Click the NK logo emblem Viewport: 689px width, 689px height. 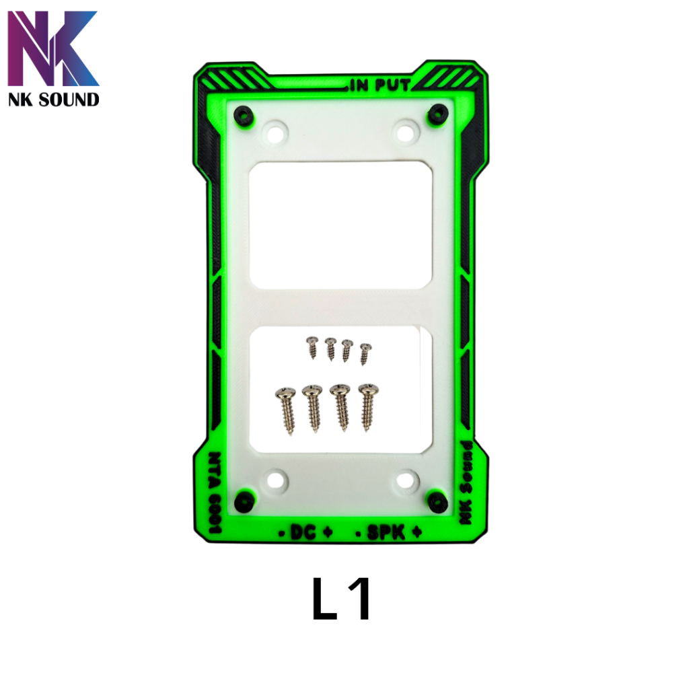click(53, 48)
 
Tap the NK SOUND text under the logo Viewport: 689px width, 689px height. click(54, 100)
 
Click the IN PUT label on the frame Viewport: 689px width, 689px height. click(380, 85)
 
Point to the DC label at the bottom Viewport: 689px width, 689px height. click(303, 533)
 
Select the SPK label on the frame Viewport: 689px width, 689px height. click(386, 533)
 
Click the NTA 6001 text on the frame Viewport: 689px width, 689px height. click(215, 492)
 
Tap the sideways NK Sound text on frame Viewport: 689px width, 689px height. click(466, 482)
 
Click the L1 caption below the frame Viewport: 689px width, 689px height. click(341, 599)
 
